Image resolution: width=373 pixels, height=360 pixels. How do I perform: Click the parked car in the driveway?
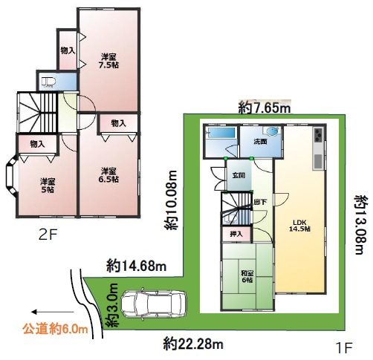coord(154,304)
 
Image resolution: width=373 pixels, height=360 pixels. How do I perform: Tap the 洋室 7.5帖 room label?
coord(109,61)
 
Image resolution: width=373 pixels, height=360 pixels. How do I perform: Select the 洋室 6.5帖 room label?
coord(108,175)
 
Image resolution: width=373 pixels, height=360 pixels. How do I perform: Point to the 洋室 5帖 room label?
coord(48,186)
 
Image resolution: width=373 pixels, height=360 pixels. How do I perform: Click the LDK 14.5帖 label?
coord(300,225)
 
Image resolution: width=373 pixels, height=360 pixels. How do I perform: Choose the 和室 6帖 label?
coord(247,277)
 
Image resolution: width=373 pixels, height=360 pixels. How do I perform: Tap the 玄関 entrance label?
coord(239,175)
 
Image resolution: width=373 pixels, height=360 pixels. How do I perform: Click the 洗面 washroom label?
coord(260,142)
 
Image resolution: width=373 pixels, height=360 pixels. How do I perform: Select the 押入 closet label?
coord(236,234)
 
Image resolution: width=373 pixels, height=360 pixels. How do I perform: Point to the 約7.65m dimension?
coord(265,108)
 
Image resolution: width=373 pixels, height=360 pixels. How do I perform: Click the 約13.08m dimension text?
coord(360,225)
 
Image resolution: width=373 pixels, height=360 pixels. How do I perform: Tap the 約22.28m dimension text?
coord(193,344)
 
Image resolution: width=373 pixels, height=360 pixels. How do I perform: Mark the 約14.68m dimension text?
coord(137,266)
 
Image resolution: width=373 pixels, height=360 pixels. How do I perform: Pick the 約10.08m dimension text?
coord(172,200)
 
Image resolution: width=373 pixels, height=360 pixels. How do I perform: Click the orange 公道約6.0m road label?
coord(56,330)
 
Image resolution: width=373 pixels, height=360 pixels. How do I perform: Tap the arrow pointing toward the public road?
coord(53,312)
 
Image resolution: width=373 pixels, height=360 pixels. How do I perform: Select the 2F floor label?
coord(48,235)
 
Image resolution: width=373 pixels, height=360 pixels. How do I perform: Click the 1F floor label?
coord(343,349)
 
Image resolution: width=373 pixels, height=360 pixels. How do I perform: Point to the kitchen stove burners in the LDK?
coord(318,135)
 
